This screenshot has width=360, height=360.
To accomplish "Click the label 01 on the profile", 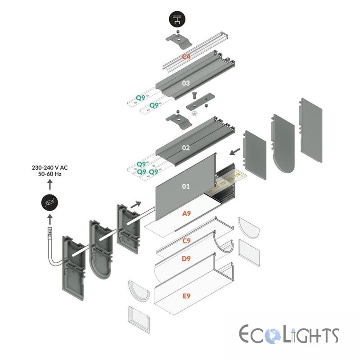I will pyautogui.click(x=186, y=186).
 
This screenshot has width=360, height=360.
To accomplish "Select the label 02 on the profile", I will pyautogui.click(x=186, y=148).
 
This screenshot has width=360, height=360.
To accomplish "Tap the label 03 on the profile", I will pyautogui.click(x=186, y=83).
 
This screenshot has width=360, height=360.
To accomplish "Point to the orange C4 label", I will pyautogui.click(x=186, y=57).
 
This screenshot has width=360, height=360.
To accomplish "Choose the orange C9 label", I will pyautogui.click(x=186, y=241).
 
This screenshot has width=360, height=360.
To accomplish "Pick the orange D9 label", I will pyautogui.click(x=186, y=259).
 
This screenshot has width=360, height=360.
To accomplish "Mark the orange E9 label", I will pyautogui.click(x=186, y=296).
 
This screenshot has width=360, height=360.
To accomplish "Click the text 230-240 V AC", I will pyautogui.click(x=49, y=167).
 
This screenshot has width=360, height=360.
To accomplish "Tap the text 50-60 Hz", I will pyautogui.click(x=49, y=174).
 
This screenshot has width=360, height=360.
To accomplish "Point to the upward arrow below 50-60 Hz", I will pyautogui.click(x=49, y=184).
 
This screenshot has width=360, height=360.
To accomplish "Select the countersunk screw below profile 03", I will pyautogui.click(x=194, y=95).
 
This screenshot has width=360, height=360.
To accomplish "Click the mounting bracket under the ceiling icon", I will pyautogui.click(x=179, y=40).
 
